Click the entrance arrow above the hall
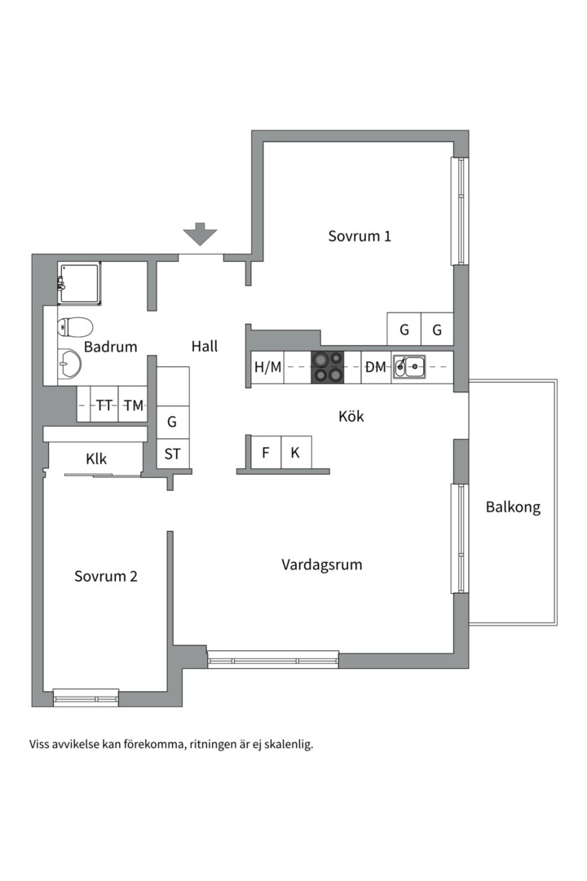200,235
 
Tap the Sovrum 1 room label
360,236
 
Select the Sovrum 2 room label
106,576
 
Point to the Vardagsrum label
322,564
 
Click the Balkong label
513,507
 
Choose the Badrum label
110,346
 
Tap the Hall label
205,346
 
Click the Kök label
351,416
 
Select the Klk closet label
96,458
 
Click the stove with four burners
329,366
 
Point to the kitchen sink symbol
408,367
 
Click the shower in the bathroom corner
79,283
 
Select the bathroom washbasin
70,364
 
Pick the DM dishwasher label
375,367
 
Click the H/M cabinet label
267,367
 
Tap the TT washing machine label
104,405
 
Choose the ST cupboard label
172,454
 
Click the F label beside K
265,452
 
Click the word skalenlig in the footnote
287,744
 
